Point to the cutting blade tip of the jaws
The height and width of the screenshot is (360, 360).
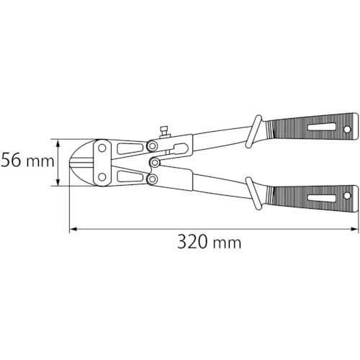tap(72, 162)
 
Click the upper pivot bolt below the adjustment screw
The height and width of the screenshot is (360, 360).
tap(153, 147)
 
